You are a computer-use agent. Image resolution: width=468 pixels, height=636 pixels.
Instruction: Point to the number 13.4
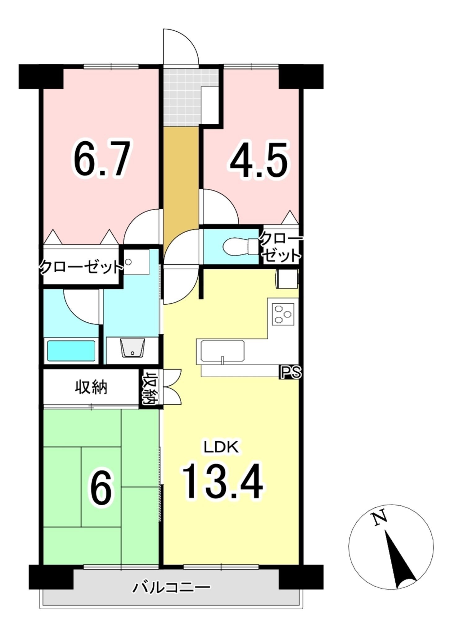click(x=223, y=482)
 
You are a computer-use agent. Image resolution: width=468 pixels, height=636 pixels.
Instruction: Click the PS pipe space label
click(x=290, y=372)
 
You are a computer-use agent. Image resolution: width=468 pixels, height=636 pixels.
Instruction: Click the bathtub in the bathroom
click(x=71, y=351)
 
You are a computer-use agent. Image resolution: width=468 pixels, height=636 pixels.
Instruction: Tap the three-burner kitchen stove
click(x=283, y=314)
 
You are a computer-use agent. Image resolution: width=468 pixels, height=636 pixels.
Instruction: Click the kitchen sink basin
click(x=222, y=351)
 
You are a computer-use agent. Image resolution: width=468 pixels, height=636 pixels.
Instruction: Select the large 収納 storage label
click(x=91, y=387)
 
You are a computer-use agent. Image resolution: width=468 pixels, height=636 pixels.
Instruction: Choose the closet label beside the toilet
click(x=281, y=248)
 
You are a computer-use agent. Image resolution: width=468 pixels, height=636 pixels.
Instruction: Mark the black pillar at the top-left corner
click(x=41, y=76)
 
